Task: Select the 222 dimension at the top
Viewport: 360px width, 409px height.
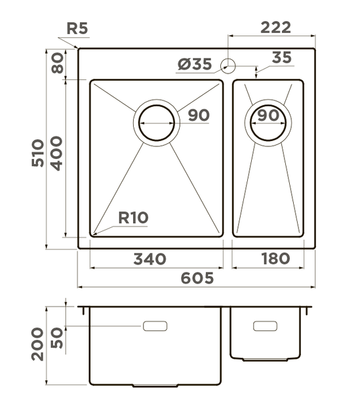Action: tap(276, 27)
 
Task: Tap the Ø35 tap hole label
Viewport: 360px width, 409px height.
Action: tap(194, 64)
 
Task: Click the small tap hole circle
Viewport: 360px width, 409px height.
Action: tap(228, 65)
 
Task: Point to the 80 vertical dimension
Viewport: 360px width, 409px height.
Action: tap(57, 64)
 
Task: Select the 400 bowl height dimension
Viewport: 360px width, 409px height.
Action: tap(57, 152)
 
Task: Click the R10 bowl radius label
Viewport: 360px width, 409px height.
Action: tap(133, 217)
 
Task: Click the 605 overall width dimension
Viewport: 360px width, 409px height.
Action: tap(195, 278)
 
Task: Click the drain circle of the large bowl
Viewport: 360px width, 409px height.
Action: tap(157, 122)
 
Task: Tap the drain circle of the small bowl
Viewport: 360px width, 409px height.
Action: tap(268, 121)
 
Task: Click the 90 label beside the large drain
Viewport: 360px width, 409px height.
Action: tap(198, 116)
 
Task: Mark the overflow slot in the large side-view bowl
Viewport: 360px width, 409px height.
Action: tap(155, 326)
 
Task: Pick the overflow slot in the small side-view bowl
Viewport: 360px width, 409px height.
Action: tap(265, 326)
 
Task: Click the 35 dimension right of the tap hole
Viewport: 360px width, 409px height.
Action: tap(281, 58)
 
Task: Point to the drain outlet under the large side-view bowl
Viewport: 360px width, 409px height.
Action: tap(155, 385)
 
